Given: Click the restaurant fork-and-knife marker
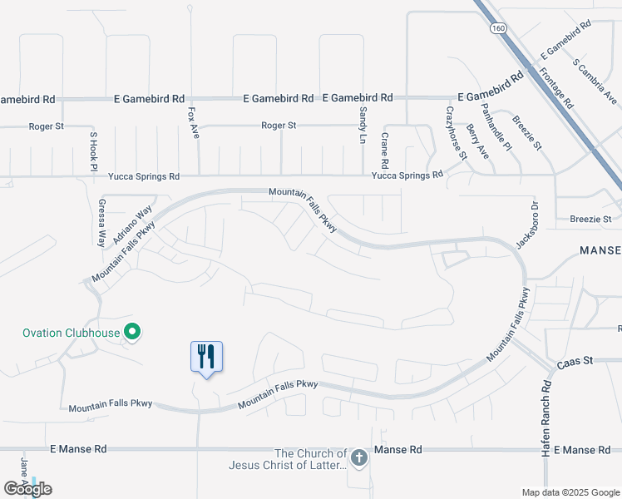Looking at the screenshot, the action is point(206,357).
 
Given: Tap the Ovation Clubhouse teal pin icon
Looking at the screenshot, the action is point(131,333).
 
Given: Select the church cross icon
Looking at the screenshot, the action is point(358,457).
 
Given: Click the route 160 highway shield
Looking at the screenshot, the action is point(498,27).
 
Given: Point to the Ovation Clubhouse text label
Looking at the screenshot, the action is point(71,333).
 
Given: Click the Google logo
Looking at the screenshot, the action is point(27,489).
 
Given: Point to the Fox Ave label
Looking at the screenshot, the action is point(192,122).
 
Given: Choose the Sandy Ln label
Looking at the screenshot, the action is point(363,125).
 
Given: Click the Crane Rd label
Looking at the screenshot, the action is point(385,147).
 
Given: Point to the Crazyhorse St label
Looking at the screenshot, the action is point(457,132).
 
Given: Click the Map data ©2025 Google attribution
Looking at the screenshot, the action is point(570,492).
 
